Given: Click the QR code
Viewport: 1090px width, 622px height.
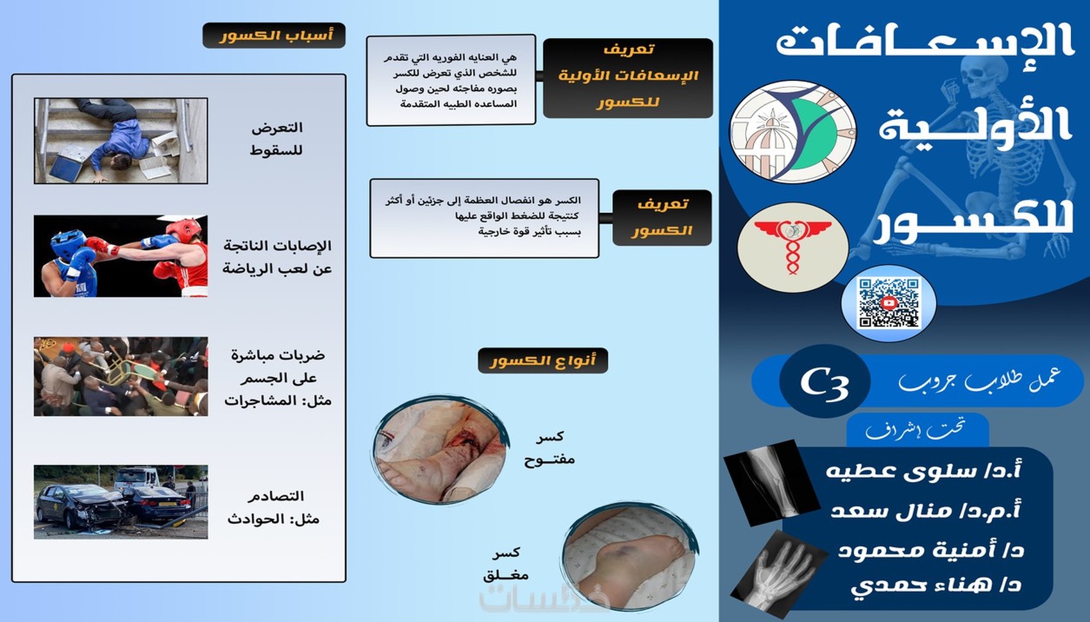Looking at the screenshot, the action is coord(889,303).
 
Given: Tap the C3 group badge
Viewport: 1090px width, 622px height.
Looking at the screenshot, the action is coord(825,381).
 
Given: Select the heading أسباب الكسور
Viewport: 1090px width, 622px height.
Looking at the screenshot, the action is coord(274,35).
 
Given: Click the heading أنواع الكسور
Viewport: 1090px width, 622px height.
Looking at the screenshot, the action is coord(542,360).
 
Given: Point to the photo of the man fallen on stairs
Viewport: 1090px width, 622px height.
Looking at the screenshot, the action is coord(121,140).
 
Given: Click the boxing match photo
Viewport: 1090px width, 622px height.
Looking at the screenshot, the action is coord(121,256).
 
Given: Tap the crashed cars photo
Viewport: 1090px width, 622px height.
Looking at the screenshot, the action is coord(121,502).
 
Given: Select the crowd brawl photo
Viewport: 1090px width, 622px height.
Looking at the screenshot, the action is coord(121,376).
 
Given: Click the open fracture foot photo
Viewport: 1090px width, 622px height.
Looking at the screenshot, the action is coord(440,450).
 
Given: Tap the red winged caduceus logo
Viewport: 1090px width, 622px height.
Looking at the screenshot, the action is coord(792,248).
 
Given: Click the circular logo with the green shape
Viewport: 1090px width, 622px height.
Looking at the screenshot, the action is coord(792,131).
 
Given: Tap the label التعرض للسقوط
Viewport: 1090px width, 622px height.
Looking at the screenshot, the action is coord(276,139).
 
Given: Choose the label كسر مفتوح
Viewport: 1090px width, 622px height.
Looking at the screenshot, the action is coord(549,448).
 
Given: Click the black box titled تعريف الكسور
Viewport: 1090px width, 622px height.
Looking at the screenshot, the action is coord(662,217).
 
